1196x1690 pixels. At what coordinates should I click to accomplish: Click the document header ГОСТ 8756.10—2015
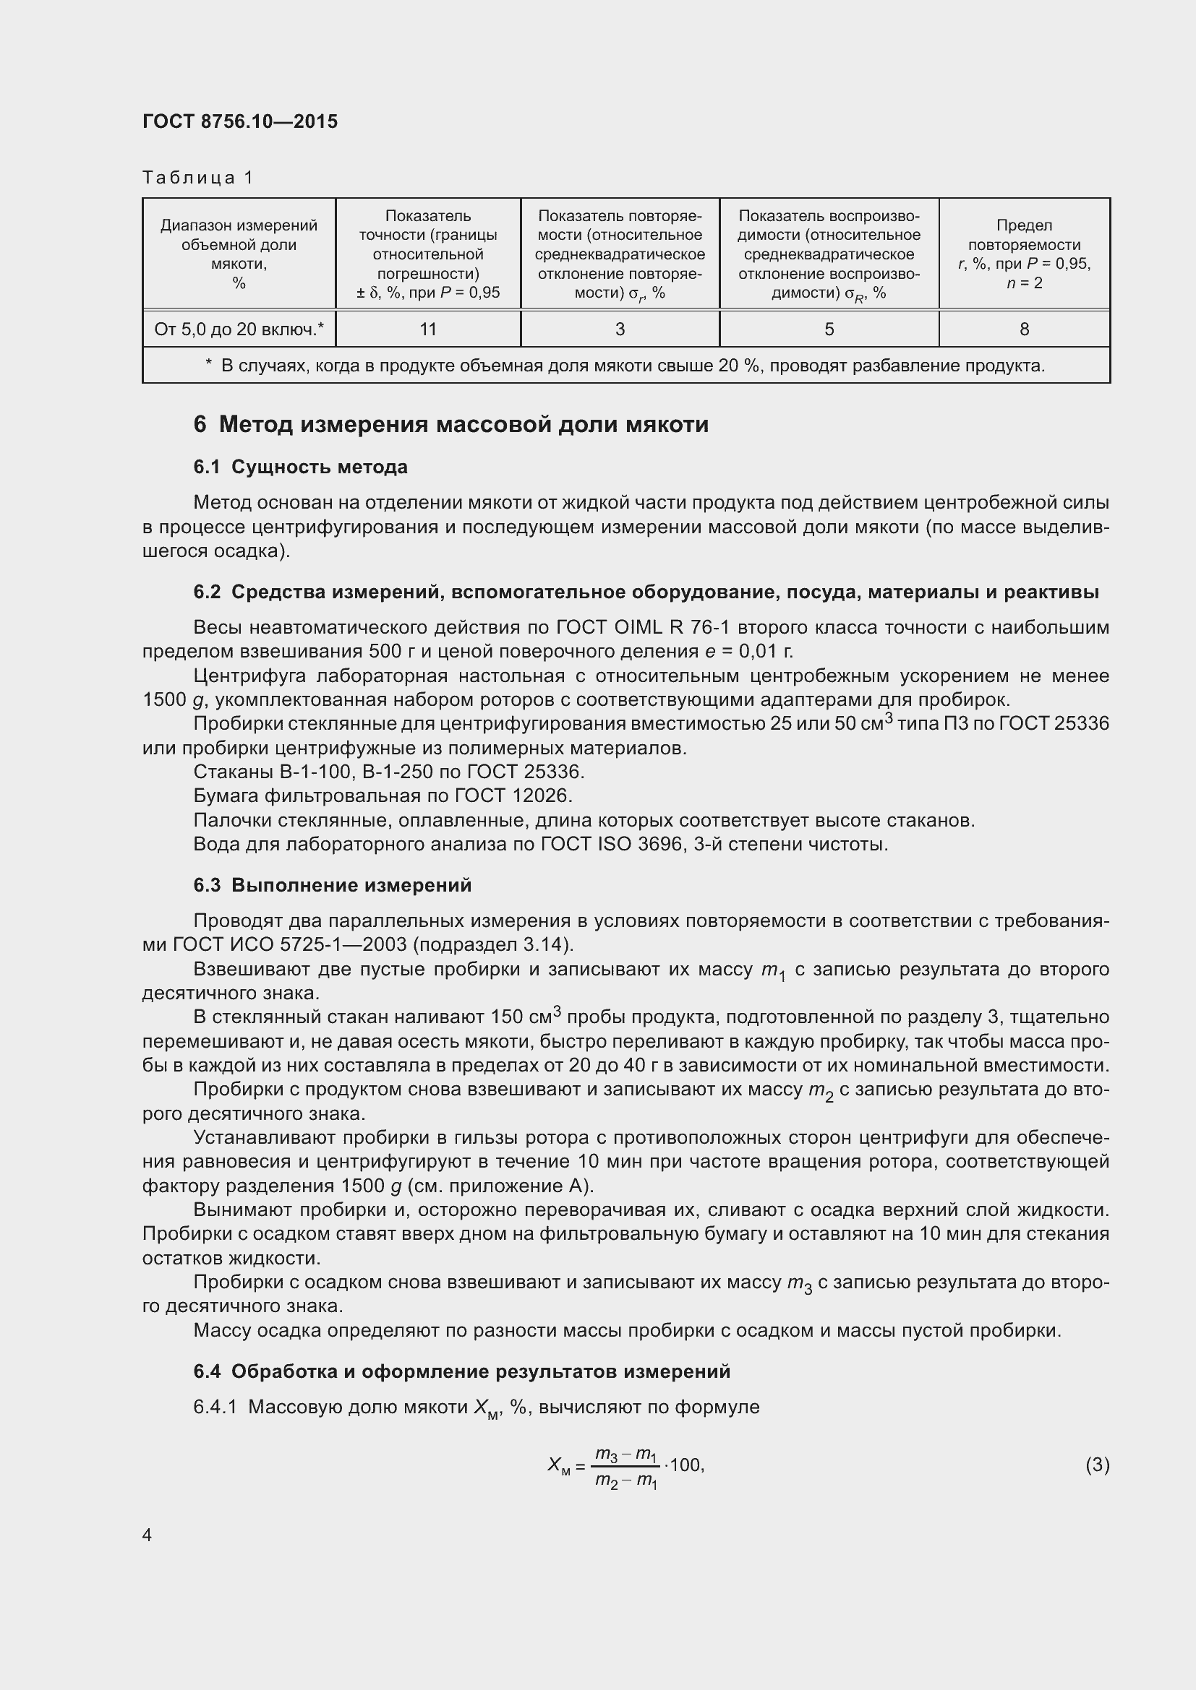pyautogui.click(x=240, y=121)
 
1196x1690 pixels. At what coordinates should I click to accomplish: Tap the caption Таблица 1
pyautogui.click(x=197, y=178)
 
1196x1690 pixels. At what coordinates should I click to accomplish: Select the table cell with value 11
pyautogui.click(x=428, y=329)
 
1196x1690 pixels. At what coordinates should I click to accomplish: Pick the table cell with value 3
pyautogui.click(x=620, y=329)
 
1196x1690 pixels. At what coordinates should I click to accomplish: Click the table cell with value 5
pyautogui.click(x=829, y=329)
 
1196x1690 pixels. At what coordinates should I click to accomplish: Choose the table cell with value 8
pyautogui.click(x=1024, y=329)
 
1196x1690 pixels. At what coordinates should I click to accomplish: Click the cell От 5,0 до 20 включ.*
pyautogui.click(x=239, y=329)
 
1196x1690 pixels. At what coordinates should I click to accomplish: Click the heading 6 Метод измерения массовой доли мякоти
pyautogui.click(x=450, y=425)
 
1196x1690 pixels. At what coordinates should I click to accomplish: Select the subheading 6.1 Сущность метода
pyautogui.click(x=301, y=467)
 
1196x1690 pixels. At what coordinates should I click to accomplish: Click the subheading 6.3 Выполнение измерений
pyautogui.click(x=332, y=885)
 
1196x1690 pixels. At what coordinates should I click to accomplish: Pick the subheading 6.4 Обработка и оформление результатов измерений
pyautogui.click(x=462, y=1371)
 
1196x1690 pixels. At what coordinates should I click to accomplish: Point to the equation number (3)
pyautogui.click(x=1097, y=1465)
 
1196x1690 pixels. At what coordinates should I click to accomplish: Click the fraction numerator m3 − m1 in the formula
pyautogui.click(x=625, y=1454)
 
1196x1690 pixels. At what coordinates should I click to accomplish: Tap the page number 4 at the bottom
pyautogui.click(x=148, y=1535)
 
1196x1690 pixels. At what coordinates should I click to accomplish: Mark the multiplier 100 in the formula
pyautogui.click(x=686, y=1465)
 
